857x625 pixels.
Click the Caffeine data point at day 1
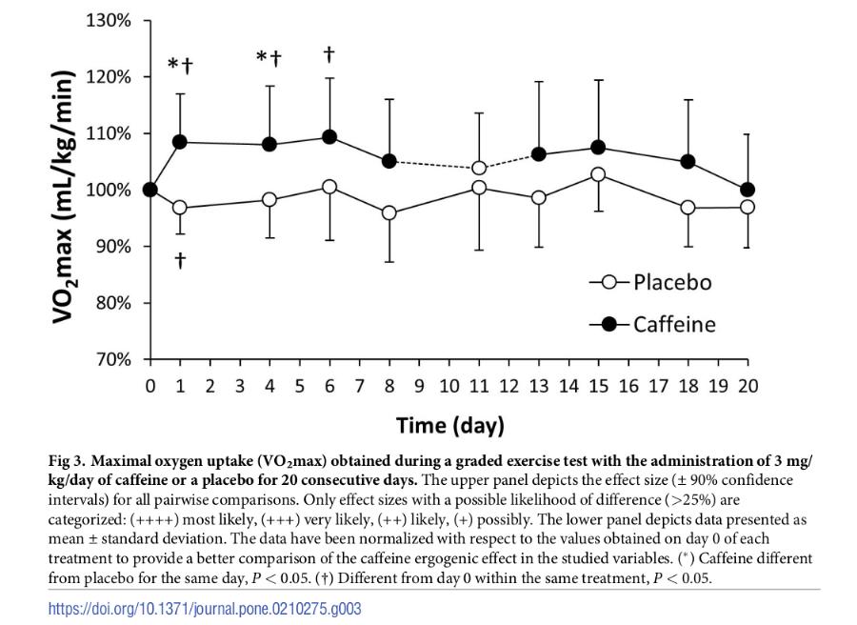[180, 142]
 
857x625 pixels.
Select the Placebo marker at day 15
[598, 174]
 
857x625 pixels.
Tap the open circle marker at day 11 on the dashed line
[479, 168]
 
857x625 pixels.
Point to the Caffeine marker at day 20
[747, 190]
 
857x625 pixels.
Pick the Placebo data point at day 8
[389, 212]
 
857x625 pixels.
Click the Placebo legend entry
[650, 282]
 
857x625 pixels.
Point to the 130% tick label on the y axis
[109, 20]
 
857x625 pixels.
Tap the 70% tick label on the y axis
[112, 360]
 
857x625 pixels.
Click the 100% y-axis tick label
[109, 190]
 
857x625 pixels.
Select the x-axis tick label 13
[538, 386]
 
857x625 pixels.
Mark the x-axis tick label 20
[747, 386]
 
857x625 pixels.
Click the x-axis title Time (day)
[449, 425]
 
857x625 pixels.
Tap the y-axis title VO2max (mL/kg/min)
[65, 195]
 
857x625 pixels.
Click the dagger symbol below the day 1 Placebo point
[180, 260]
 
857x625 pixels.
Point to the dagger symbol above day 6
[329, 53]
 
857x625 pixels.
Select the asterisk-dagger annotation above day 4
[269, 59]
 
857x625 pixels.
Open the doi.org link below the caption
[205, 608]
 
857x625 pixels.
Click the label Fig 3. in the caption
[69, 461]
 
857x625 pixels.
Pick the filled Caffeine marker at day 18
[688, 162]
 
